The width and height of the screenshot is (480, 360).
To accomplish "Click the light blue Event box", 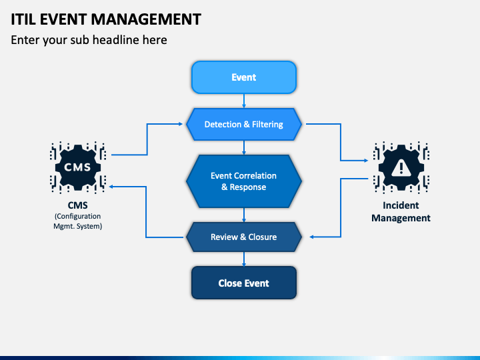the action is click(x=244, y=77).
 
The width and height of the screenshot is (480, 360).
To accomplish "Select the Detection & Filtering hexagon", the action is click(x=244, y=124).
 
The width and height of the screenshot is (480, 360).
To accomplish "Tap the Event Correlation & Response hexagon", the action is click(x=244, y=181).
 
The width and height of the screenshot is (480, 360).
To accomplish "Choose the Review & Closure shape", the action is click(x=244, y=237).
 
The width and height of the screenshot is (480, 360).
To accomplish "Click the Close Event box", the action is click(x=244, y=283).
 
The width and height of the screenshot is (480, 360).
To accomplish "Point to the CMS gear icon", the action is click(x=78, y=167).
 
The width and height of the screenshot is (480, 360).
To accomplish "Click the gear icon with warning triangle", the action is click(x=401, y=167).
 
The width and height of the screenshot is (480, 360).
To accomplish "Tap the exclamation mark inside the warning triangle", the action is click(x=401, y=169).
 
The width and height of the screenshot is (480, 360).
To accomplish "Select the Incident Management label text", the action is click(x=401, y=211).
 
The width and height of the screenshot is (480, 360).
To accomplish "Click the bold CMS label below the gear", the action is click(x=78, y=205).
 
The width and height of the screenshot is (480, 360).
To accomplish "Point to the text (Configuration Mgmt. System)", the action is click(x=78, y=221).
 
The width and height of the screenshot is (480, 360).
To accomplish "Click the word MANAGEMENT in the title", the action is click(x=146, y=19).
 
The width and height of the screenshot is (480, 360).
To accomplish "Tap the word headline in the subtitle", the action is click(x=116, y=40).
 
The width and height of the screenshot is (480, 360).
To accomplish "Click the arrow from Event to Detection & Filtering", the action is click(x=244, y=101).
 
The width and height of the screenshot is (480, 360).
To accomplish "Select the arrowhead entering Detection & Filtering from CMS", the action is click(x=180, y=124).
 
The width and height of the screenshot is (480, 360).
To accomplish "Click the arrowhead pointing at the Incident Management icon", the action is click(x=365, y=161).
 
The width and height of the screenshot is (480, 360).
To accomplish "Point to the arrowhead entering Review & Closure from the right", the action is click(x=312, y=237).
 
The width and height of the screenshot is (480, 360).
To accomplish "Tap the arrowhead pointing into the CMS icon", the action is click(x=112, y=187).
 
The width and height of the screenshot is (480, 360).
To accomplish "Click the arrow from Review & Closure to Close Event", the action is click(x=244, y=259).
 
